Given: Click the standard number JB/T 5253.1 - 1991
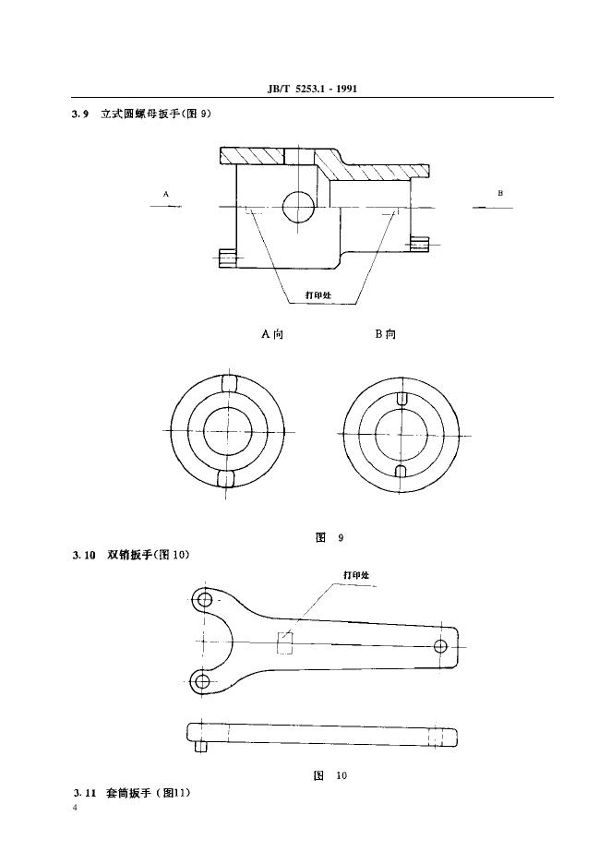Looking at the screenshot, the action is click(311, 89).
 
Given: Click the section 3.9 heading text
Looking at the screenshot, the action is click(141, 114).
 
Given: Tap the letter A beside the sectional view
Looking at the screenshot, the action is click(165, 194).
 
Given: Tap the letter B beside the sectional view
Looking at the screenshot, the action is click(500, 193).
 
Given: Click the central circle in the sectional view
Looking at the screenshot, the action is click(298, 207).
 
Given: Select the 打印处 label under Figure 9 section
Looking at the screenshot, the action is click(318, 294).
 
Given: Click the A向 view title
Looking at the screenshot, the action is click(272, 333).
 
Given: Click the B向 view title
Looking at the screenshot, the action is click(386, 333).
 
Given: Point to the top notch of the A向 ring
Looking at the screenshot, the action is click(227, 383).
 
